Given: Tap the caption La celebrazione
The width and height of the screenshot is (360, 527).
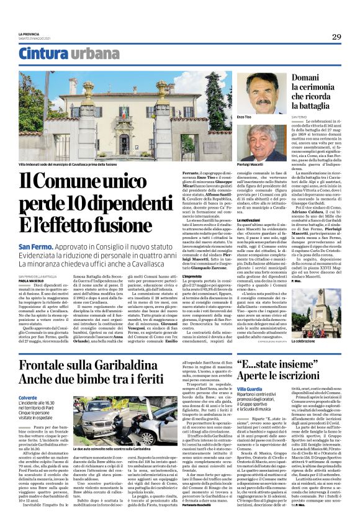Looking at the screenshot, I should (x=305, y=341).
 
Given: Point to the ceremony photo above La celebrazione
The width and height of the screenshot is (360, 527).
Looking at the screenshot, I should (x=318, y=313).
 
